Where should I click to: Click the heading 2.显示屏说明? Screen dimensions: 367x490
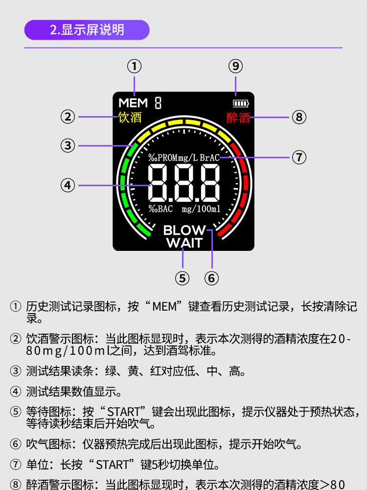(x=87, y=30)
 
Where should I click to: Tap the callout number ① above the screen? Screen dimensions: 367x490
(x=134, y=66)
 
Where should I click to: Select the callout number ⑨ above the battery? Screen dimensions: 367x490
(x=236, y=66)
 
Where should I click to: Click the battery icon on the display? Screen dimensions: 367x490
(x=241, y=103)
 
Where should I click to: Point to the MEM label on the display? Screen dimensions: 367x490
(x=133, y=103)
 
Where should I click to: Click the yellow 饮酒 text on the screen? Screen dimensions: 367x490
(x=130, y=118)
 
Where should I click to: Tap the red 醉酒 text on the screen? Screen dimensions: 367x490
(x=238, y=118)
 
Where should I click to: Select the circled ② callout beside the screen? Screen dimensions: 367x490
(x=68, y=117)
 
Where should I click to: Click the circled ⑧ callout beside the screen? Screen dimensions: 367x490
(x=299, y=117)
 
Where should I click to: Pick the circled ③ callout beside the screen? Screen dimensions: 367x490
(x=68, y=146)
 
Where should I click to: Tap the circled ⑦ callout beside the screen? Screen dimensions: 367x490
(x=299, y=157)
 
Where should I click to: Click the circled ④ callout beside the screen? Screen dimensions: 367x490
(x=68, y=185)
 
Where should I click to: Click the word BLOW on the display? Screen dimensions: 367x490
(x=184, y=230)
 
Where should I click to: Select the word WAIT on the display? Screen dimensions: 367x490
(x=184, y=243)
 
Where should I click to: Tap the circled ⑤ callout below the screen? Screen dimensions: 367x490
(x=182, y=278)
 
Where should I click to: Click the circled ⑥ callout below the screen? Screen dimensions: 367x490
(x=211, y=278)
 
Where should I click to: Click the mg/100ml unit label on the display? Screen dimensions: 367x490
(x=201, y=209)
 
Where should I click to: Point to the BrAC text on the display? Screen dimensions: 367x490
(x=209, y=158)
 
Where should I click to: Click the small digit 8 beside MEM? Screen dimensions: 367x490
(x=158, y=103)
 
